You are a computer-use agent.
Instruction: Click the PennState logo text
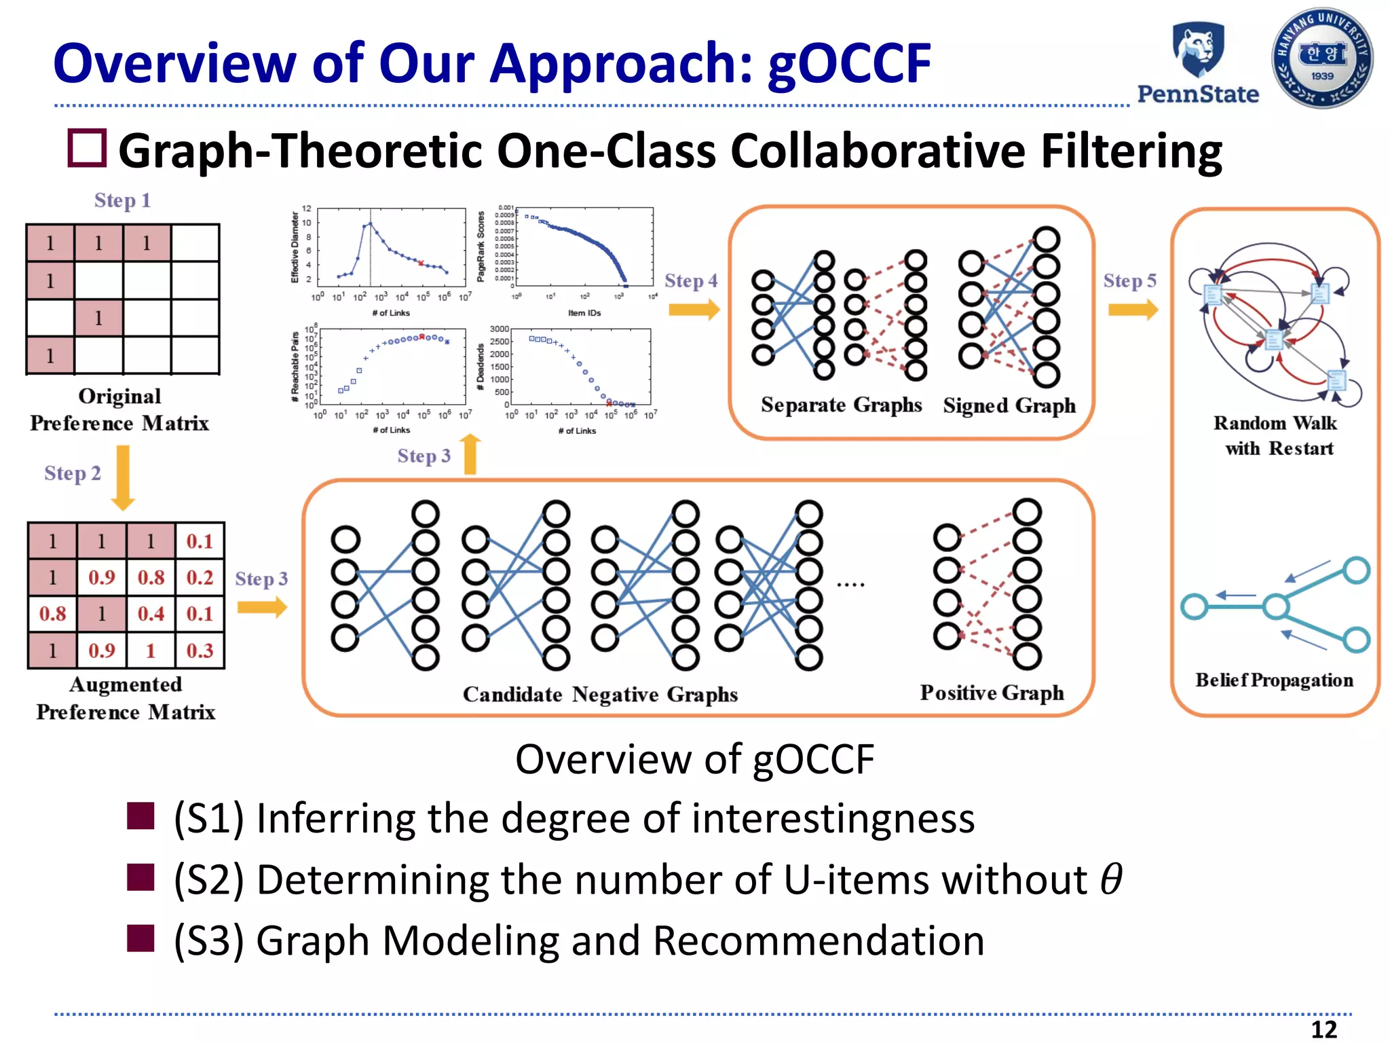pos(1197,94)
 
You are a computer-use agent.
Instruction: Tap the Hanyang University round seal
pos(1321,58)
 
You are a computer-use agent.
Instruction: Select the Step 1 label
pos(122,201)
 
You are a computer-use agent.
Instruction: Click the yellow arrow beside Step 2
pos(123,477)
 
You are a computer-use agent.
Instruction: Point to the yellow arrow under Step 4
pos(694,310)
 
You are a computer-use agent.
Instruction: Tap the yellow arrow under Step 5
pos(1132,310)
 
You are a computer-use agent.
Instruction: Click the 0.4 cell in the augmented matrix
pos(151,614)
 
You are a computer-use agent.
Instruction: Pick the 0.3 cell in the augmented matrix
pos(200,651)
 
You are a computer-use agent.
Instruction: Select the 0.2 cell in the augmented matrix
pos(200,577)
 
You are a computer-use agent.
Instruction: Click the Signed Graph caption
pos(1009,405)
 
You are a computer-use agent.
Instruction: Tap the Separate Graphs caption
pos(841,405)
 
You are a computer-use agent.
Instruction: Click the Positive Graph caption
pos(992,693)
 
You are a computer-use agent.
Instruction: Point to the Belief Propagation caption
pos(1274,680)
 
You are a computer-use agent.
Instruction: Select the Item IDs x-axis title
pos(584,313)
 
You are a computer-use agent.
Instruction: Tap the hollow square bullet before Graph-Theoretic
pos(87,148)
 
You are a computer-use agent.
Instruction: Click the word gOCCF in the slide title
pos(849,63)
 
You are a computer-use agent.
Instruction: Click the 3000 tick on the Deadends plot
pos(499,329)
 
